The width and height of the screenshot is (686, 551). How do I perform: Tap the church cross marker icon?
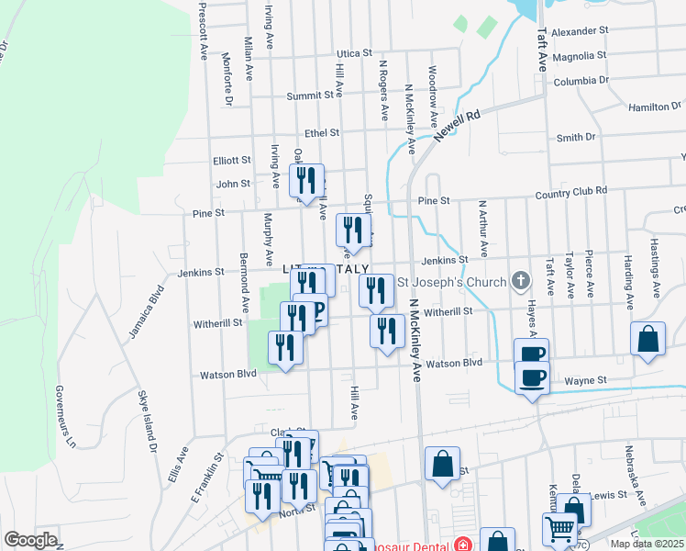coord(521,279)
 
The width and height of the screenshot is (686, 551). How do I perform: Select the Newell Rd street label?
coord(458,126)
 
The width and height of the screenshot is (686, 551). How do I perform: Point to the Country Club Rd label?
coord(571,191)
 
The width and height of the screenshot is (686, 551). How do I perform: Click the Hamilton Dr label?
coord(649,107)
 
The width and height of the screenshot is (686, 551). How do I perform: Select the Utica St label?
coord(353,54)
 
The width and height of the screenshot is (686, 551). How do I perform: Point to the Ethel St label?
coord(322,133)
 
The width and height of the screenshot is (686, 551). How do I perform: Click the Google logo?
coord(30,540)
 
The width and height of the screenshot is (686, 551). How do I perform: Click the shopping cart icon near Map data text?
coord(559,529)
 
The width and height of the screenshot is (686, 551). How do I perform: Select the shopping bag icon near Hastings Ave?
coord(647,340)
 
